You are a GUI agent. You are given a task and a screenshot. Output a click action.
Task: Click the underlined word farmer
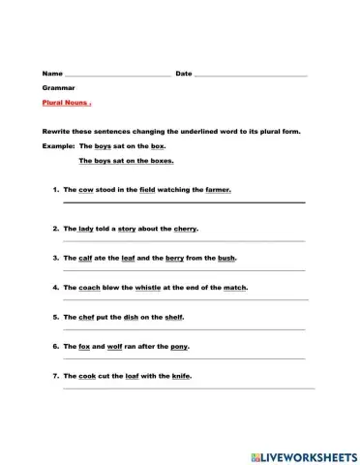pyautogui.click(x=218, y=190)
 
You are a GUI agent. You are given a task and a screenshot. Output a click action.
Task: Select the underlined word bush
pyautogui.click(x=225, y=259)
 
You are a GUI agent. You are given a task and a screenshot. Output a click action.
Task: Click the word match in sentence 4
pyautogui.click(x=235, y=288)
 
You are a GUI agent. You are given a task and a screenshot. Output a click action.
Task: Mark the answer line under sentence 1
pyautogui.click(x=184, y=202)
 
